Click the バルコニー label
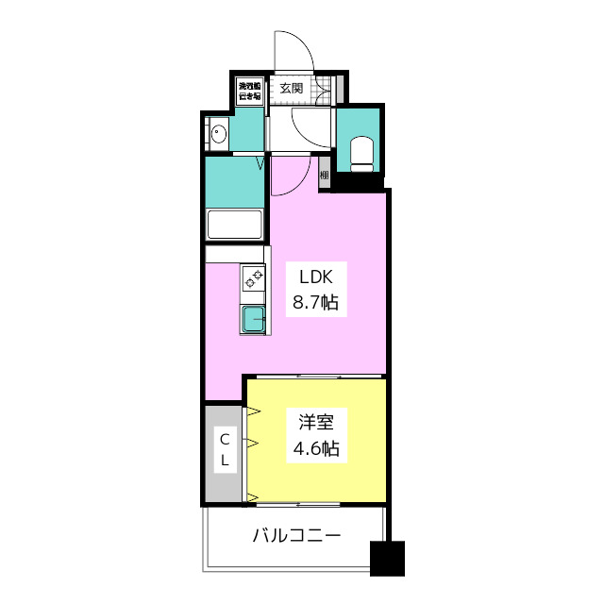(x=296, y=537)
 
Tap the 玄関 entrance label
(x=292, y=89)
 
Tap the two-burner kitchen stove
(x=254, y=278)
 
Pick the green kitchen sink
(x=254, y=320)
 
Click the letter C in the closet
(x=225, y=438)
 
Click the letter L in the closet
(x=225, y=460)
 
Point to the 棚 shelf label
(x=324, y=175)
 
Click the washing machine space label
(x=249, y=90)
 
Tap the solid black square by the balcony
(x=387, y=558)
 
